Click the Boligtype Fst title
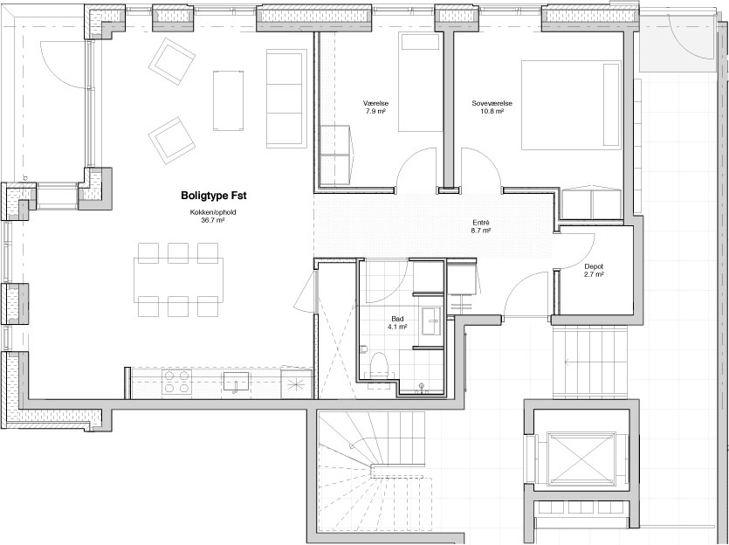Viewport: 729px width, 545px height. click(213, 196)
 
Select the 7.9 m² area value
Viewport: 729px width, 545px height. click(375, 111)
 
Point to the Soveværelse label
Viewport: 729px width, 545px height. click(492, 103)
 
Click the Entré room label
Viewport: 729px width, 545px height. click(481, 223)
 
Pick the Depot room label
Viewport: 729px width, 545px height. click(594, 266)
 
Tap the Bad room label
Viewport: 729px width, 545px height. click(397, 319)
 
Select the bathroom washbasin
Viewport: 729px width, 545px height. click(433, 321)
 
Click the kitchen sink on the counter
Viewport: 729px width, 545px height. click(237, 382)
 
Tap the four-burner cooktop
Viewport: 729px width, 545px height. click(176, 383)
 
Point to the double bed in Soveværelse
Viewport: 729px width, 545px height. click(571, 105)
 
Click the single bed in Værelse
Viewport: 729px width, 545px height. click(420, 82)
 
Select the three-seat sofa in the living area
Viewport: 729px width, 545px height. click(286, 99)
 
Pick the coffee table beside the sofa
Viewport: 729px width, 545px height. click(228, 100)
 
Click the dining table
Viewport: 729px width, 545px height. click(178, 279)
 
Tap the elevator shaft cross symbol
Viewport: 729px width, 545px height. click(581, 459)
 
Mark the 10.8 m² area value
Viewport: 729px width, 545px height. click(492, 111)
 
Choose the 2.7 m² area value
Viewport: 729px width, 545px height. click(594, 274)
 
